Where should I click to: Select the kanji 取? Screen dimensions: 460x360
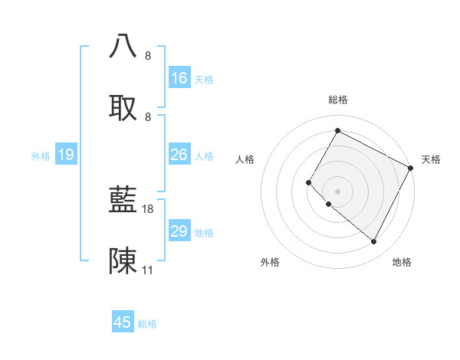[x=123, y=106]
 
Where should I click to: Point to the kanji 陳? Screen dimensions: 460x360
[x=123, y=260]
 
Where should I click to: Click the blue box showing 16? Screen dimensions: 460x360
[x=179, y=78]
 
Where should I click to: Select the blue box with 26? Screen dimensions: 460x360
[x=179, y=155]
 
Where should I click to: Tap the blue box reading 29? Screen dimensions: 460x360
[x=179, y=231]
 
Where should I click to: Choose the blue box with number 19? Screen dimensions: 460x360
[x=66, y=155]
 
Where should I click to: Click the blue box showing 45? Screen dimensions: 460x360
[x=123, y=322]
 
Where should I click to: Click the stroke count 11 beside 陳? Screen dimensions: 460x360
[x=147, y=270]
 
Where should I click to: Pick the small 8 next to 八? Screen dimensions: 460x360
[x=147, y=55]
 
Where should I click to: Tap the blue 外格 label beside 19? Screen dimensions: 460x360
[x=41, y=156]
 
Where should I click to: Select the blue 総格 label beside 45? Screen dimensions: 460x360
[x=147, y=324]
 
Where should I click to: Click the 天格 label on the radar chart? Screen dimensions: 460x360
[x=431, y=159]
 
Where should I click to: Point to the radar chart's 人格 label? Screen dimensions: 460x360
[x=245, y=159]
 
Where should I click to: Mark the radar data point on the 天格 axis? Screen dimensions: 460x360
[x=411, y=168]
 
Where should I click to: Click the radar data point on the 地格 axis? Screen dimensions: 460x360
[x=374, y=242]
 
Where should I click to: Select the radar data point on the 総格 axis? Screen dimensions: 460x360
[x=337, y=130]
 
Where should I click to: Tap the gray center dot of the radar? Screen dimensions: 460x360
[x=337, y=191]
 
